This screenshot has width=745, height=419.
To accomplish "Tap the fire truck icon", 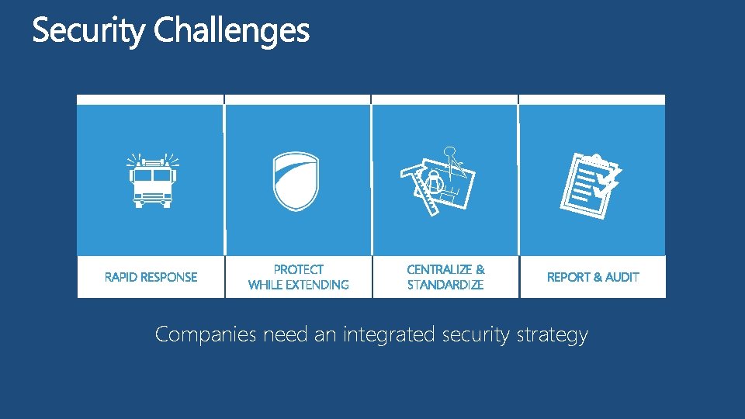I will [152, 180].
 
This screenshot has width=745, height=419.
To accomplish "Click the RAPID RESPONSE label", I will [151, 277].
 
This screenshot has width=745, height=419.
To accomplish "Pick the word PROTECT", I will [299, 269].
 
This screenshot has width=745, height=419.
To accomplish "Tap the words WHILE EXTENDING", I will [299, 285].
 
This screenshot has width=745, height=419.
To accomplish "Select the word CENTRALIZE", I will [439, 269].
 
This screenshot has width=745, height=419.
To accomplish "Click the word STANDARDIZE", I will [445, 285].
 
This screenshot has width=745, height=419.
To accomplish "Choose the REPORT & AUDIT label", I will [593, 277].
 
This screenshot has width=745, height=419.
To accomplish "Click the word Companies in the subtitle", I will [206, 335].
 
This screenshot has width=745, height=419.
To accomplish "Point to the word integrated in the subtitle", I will [390, 335].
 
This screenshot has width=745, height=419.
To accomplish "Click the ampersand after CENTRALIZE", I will [480, 269].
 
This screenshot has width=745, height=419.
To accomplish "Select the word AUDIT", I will [622, 277].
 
